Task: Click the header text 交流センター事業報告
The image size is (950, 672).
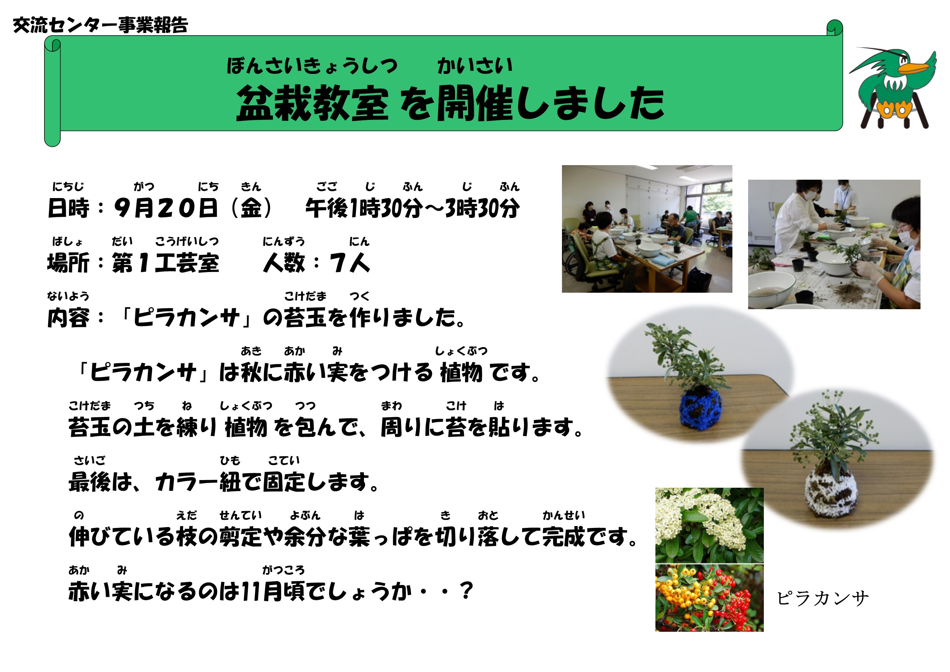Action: pos(100,25)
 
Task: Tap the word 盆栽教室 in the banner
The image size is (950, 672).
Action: pos(313,103)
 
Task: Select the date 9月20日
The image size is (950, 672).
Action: pos(166,208)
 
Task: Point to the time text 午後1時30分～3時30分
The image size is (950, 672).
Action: pos(413,208)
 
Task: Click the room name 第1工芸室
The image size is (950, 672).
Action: pos(165,263)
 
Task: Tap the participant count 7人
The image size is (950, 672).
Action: pos(350,263)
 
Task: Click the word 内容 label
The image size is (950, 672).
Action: pos(68,318)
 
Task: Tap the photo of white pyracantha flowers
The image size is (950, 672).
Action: pos(709,526)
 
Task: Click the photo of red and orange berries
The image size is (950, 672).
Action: pos(709,598)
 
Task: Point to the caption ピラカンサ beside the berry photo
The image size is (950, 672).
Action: pos(822,598)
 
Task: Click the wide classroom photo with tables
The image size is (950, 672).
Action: pos(647,229)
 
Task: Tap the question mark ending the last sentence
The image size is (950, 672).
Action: pos(466,591)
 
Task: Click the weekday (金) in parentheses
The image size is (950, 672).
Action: pos(251,208)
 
